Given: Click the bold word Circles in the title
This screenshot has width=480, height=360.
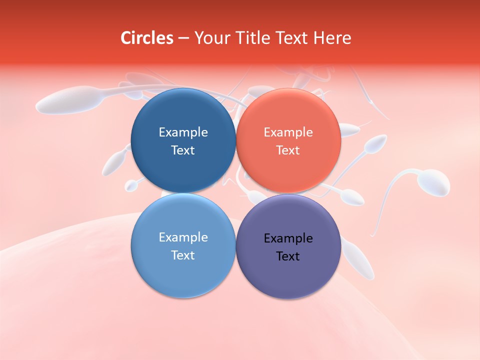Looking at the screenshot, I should pos(147,38).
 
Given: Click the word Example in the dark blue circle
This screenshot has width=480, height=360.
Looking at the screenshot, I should pos(183,132).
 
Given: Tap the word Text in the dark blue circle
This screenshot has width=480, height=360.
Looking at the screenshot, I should pos(183,150).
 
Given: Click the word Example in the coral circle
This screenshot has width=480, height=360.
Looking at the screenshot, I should pos(288,132).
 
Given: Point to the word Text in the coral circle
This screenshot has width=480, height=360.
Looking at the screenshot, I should pos(288,150).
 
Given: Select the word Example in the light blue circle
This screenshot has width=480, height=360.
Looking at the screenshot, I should pos(183,237).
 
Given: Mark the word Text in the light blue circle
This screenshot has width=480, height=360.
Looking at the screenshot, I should pos(183,255).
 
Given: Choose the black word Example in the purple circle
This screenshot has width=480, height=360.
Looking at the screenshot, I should pos(288,238).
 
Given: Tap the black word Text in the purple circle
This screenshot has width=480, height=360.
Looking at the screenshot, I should pos(288,256).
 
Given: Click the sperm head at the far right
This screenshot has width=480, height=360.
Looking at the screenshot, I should pos(433,183).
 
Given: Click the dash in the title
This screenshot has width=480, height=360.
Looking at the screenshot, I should pos(183,38).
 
